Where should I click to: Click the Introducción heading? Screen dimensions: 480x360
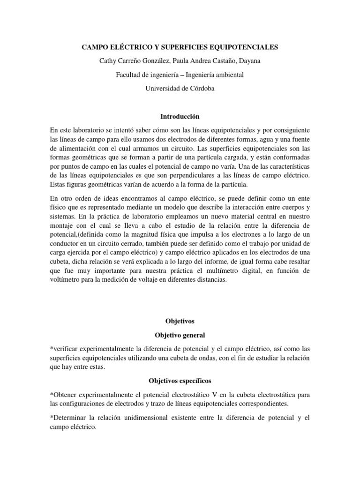(180, 115)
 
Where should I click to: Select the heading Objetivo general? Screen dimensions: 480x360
(180, 336)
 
